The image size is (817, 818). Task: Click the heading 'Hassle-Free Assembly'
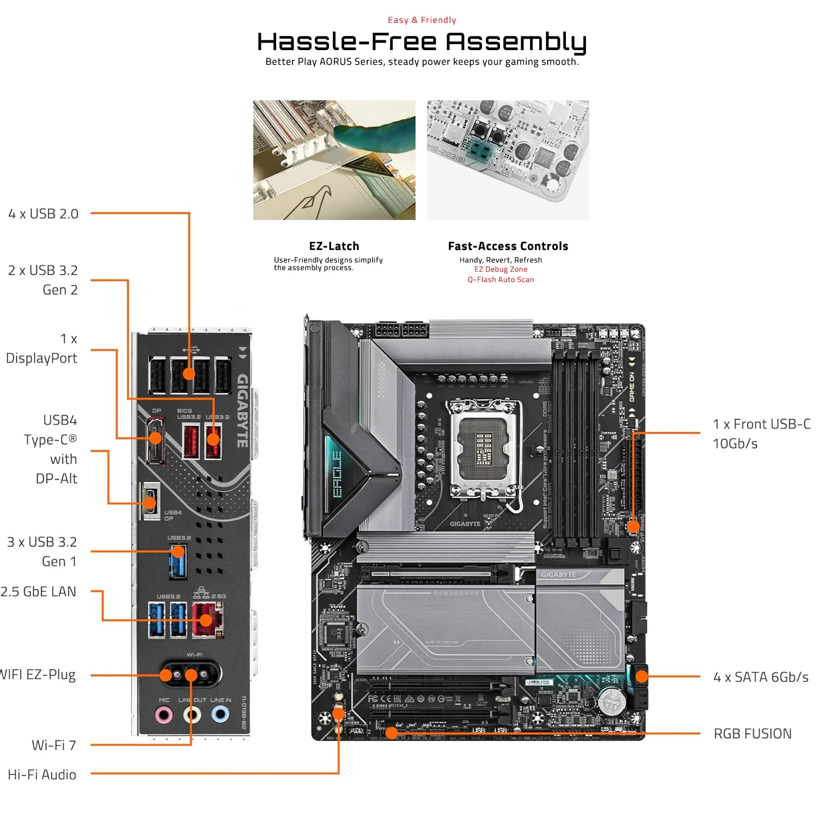click(422, 42)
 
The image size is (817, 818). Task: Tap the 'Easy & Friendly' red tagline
click(422, 20)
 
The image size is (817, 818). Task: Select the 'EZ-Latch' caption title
click(334, 246)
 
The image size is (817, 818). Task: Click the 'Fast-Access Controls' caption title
click(508, 246)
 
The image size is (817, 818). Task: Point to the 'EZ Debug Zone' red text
click(501, 270)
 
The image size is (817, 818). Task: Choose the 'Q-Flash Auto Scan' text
click(501, 280)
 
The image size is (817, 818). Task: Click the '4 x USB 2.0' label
click(44, 214)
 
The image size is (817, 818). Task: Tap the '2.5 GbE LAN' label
click(38, 592)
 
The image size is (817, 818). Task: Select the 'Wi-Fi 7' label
click(53, 745)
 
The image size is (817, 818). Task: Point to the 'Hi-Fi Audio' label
click(42, 774)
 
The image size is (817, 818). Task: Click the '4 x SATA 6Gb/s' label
click(760, 677)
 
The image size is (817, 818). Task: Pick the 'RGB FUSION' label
click(752, 734)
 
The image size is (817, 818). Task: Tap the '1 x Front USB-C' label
click(761, 424)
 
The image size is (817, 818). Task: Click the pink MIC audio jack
click(164, 714)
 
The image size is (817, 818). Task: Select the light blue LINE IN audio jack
click(220, 713)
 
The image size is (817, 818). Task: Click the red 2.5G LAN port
click(206, 620)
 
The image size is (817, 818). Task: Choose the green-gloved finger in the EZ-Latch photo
click(376, 131)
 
